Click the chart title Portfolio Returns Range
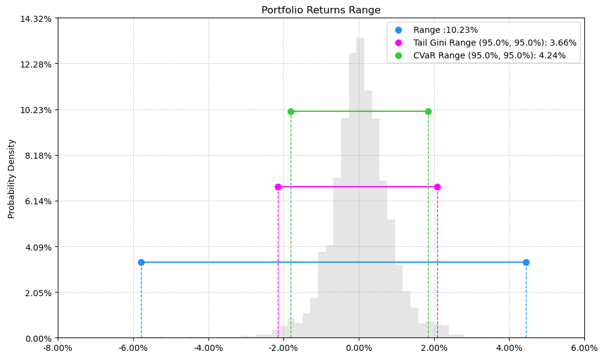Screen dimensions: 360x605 click(320, 10)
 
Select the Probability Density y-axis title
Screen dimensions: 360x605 click(12, 178)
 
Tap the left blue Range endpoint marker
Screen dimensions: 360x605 click(141, 262)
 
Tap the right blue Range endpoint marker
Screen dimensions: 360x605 click(526, 262)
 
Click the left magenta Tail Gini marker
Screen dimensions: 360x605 click(278, 187)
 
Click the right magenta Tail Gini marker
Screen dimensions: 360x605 click(437, 187)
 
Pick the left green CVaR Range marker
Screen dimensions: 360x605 click(291, 111)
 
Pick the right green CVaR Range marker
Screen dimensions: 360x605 click(428, 111)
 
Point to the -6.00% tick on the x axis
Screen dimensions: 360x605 click(133, 348)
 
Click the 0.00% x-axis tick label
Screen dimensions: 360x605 click(359, 348)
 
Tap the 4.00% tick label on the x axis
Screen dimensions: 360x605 click(509, 348)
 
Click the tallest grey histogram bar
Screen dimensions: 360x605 click(361, 182)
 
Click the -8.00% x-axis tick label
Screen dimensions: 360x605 click(58, 348)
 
